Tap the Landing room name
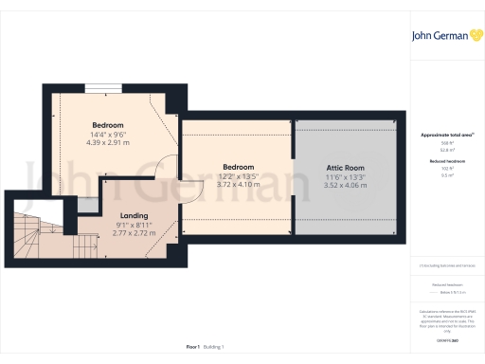(x=133, y=216)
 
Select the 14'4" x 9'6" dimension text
(x=107, y=135)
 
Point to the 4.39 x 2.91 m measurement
(x=107, y=143)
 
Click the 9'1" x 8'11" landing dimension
(x=133, y=225)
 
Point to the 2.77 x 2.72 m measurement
(x=133, y=233)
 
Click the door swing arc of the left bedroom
(x=166, y=167)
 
